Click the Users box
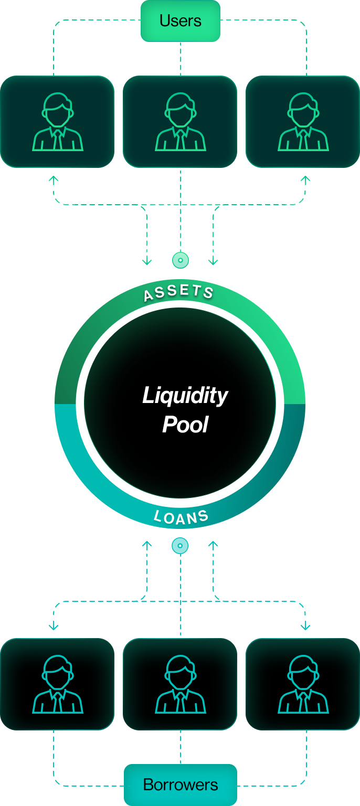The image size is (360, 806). [x=181, y=21]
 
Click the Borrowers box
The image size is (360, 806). [x=181, y=785]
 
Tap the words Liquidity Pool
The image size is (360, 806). [x=185, y=409]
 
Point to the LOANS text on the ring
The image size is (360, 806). [x=181, y=517]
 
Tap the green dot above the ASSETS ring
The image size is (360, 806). [x=181, y=260]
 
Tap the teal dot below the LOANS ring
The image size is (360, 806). [x=180, y=546]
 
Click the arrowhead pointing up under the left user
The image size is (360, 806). [x=54, y=179]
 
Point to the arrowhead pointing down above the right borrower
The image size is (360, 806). [x=305, y=627]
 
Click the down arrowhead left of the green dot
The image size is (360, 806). [x=147, y=262]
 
